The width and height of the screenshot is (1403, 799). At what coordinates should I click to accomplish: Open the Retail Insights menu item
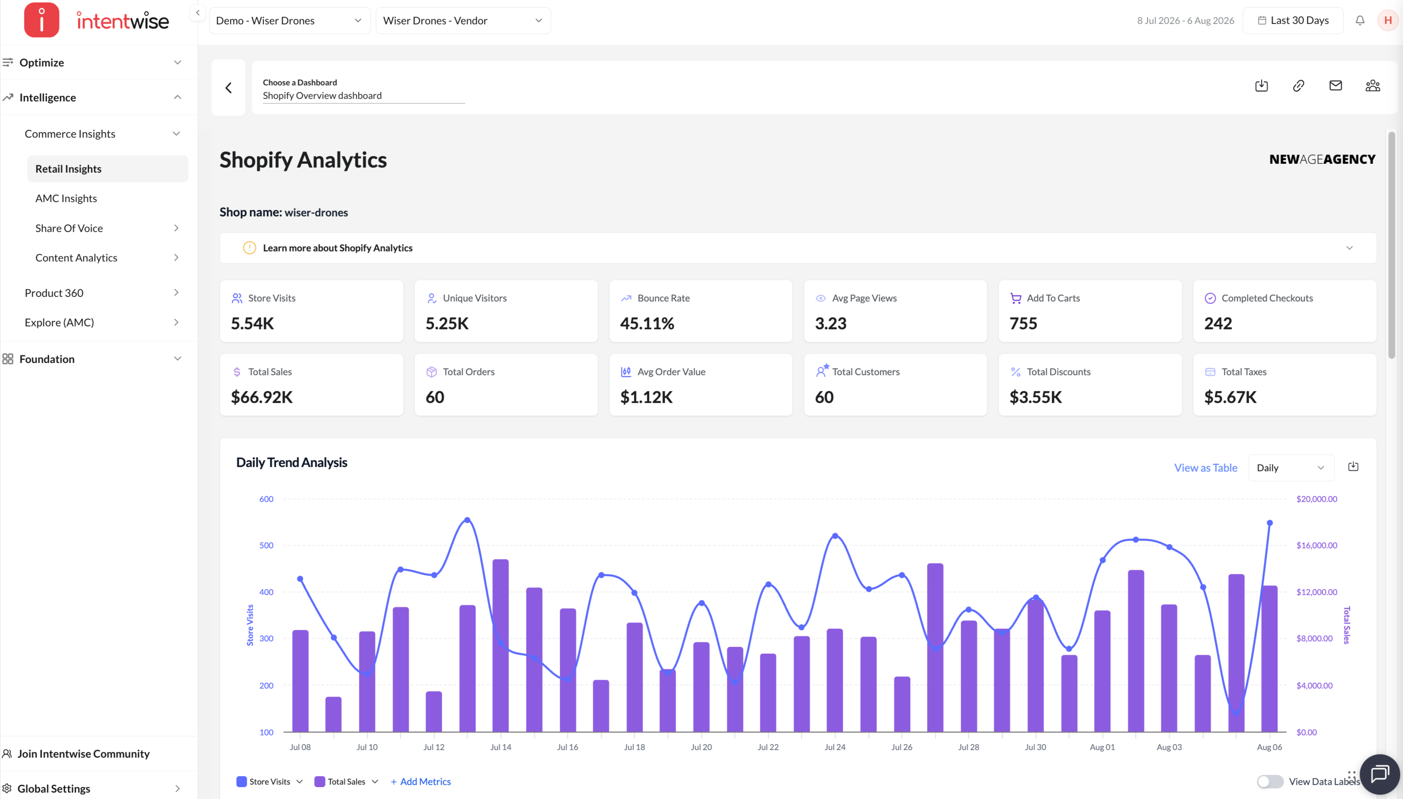(x=69, y=169)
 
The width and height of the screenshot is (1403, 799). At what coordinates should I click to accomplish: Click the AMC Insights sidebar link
(x=67, y=199)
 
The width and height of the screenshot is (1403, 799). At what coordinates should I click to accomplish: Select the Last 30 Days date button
(x=1293, y=20)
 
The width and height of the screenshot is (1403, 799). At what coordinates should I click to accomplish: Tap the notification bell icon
(x=1360, y=20)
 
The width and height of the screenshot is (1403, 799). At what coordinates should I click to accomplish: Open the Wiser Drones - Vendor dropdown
(x=463, y=20)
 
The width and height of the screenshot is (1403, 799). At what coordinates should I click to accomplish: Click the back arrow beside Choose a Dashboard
(x=228, y=88)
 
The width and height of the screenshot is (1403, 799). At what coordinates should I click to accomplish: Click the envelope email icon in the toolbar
(x=1336, y=86)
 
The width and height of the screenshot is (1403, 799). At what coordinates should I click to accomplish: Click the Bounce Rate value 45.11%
(x=647, y=323)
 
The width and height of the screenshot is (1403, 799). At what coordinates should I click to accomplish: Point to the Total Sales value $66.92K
(x=262, y=397)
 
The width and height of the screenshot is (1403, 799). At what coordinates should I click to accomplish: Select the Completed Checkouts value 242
(x=1218, y=323)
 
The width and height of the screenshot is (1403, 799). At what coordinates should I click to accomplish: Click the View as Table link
(x=1205, y=468)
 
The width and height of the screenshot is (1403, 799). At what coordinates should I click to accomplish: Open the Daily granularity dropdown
(x=1291, y=468)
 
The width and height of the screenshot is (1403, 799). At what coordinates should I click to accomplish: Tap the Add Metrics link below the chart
(x=421, y=781)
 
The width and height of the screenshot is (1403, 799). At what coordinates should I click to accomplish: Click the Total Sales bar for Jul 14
(x=500, y=645)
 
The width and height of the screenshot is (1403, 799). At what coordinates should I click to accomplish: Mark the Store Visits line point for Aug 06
(x=1269, y=523)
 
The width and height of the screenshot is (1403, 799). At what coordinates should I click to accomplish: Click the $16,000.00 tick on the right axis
(x=1316, y=545)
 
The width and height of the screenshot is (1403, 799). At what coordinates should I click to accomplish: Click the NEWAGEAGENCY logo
(x=1323, y=159)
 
